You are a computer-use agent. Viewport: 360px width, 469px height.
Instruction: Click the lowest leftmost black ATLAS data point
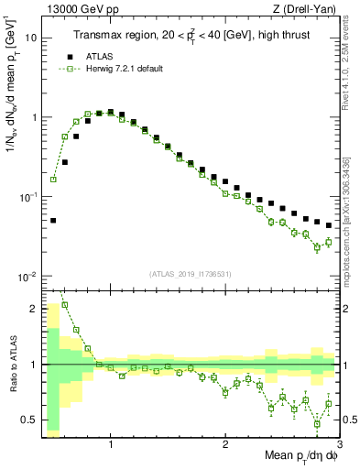[53, 220]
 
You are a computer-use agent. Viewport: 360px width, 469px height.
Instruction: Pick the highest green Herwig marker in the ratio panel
[64, 305]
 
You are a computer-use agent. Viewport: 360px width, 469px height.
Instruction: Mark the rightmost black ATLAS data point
[329, 224]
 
